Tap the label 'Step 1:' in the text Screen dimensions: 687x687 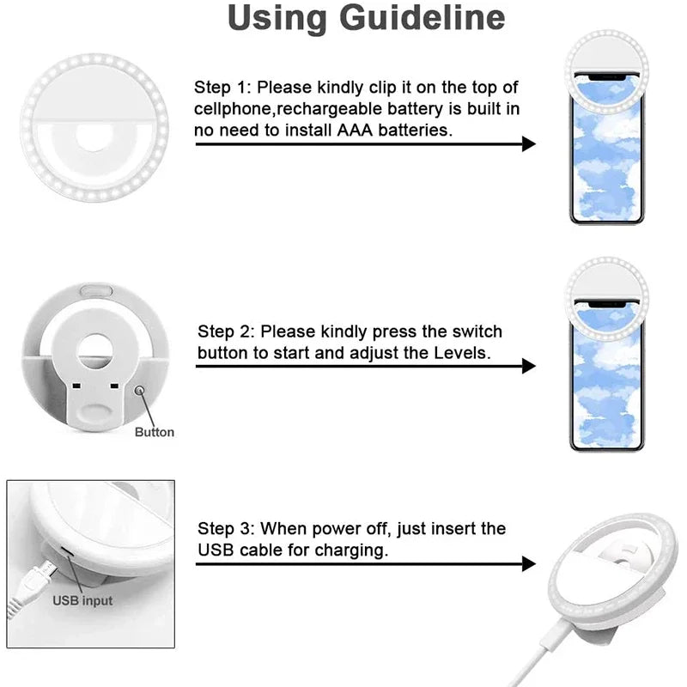coord(223,87)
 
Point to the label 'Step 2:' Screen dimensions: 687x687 coord(227,331)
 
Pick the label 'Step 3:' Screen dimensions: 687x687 coord(227,529)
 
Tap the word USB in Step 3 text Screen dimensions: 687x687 coord(215,550)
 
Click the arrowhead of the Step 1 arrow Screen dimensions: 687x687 coord(529,143)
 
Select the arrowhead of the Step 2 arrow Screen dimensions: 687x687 coord(529,366)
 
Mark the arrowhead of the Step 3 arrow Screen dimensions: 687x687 coord(529,564)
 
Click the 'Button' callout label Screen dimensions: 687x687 coord(154,432)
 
